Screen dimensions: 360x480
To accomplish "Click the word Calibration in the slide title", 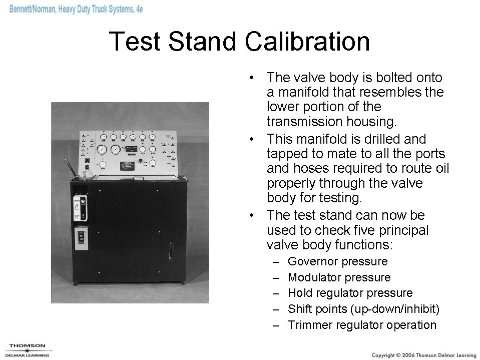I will (x=307, y=42).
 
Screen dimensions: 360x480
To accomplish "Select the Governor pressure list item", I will (x=337, y=261).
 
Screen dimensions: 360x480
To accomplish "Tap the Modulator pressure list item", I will (x=339, y=277).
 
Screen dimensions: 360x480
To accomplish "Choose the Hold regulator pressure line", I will (x=350, y=293).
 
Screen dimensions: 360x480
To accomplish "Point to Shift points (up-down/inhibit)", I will (x=363, y=309).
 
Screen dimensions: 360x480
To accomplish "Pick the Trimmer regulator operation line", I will (x=362, y=325).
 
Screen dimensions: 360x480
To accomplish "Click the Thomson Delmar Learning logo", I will (x=28, y=349).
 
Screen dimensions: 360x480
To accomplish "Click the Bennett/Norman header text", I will (x=75, y=10).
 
